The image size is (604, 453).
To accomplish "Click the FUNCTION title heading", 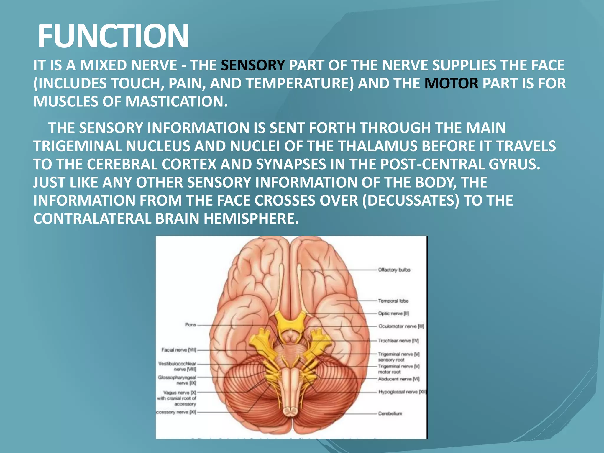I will pyautogui.click(x=113, y=36).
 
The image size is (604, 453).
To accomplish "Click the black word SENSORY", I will pyautogui.click(x=253, y=65).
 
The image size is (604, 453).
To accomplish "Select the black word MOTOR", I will pyautogui.click(x=451, y=83).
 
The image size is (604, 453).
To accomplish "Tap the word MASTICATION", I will pyautogui.click(x=176, y=102).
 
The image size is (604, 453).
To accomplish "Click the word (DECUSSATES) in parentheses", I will pyautogui.click(x=411, y=201).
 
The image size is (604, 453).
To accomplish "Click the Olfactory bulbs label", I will pyautogui.click(x=394, y=270).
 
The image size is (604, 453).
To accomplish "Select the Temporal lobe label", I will pyautogui.click(x=393, y=301).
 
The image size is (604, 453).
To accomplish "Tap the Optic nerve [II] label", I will pyautogui.click(x=393, y=314).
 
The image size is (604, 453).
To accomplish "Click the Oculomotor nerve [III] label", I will pyautogui.click(x=401, y=326).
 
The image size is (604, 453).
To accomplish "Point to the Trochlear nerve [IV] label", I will pyautogui.click(x=398, y=341).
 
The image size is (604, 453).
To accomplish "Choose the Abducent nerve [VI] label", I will pyautogui.click(x=399, y=379).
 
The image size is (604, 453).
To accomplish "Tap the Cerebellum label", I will pyautogui.click(x=390, y=413).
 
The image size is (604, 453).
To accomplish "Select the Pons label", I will pyautogui.click(x=191, y=325).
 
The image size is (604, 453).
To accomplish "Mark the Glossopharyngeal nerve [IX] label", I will pyautogui.click(x=177, y=380).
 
